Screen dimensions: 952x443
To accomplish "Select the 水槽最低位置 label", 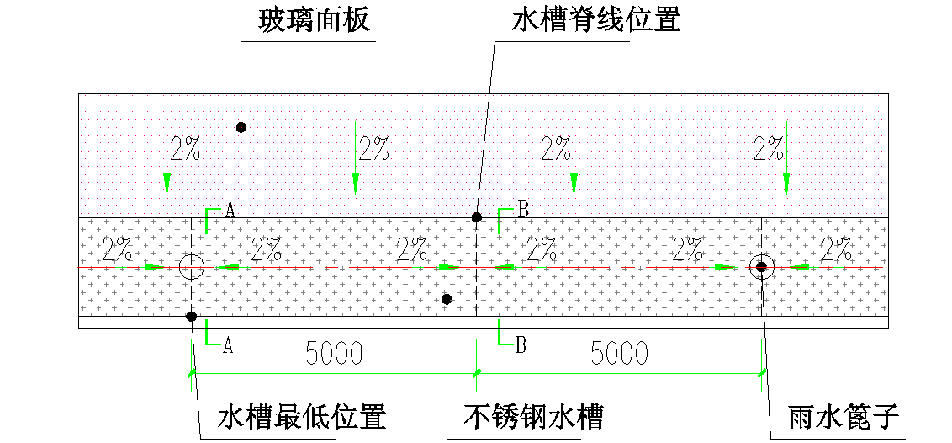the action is click(302, 416).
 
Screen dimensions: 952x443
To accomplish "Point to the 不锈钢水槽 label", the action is click(534, 416).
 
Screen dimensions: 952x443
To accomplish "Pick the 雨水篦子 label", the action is click(844, 416).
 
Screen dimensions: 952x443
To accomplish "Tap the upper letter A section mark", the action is click(230, 211).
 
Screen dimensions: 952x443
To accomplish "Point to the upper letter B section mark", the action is click(522, 211).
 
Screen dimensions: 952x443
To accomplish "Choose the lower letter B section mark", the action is click(520, 344).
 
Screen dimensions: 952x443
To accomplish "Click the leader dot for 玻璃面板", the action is click(241, 127).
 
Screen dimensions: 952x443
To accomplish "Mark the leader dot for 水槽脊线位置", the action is click(477, 217).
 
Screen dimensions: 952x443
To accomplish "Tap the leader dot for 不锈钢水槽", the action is click(447, 299).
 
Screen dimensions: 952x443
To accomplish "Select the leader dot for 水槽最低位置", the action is click(192, 317).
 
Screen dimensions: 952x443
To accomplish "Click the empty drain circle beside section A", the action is click(192, 267).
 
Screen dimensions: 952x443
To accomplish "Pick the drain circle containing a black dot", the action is click(762, 267).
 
